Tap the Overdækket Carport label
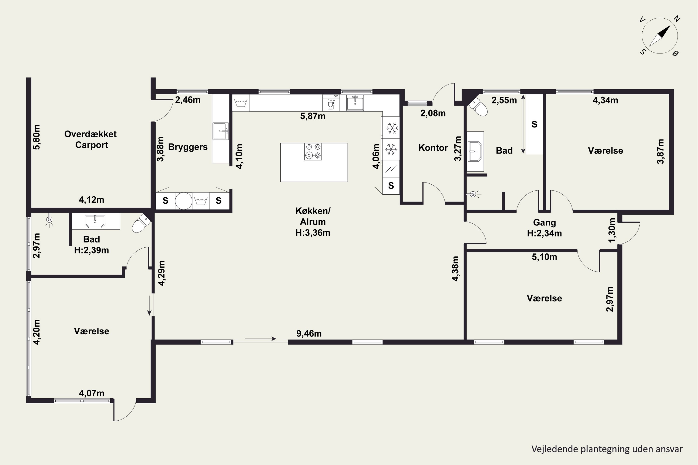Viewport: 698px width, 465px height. coord(91,139)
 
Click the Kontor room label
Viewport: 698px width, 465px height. coord(433,147)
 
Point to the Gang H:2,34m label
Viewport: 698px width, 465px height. coord(544,228)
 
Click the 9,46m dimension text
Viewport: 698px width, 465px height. coord(309,334)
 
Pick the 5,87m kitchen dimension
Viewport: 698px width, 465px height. coord(313,116)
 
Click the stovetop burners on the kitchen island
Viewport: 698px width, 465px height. coord(313,152)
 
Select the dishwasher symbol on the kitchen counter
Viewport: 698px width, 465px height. coord(331,103)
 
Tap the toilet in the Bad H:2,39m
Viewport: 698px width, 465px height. coord(141,223)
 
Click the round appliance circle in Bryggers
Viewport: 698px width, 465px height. coord(183,201)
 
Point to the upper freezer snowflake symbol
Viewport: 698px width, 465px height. coord(392,128)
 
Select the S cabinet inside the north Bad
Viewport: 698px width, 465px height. coord(534,124)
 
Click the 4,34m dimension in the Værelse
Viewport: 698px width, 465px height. coord(605,100)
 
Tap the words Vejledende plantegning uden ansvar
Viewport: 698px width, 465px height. coord(607,449)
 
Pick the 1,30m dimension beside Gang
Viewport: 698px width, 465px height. coord(612,230)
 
